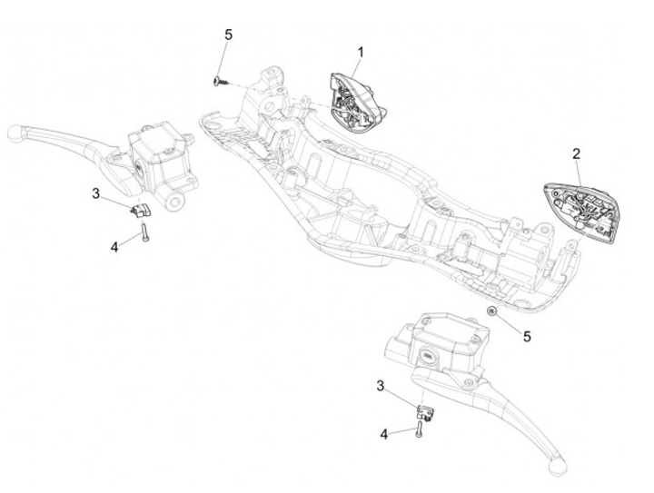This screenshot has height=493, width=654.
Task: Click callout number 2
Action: click(x=576, y=154)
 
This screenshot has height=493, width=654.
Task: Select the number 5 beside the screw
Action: click(x=228, y=35)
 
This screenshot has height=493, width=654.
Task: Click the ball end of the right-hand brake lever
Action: click(x=553, y=467)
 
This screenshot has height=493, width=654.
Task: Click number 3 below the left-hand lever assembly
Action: click(x=94, y=192)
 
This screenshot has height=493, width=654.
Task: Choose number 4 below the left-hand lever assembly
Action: click(x=114, y=245)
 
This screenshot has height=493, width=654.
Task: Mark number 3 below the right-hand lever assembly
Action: click(x=381, y=386)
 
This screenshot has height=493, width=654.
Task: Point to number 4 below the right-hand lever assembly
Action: click(x=383, y=434)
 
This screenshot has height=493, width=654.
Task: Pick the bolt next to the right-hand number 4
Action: click(x=417, y=430)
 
